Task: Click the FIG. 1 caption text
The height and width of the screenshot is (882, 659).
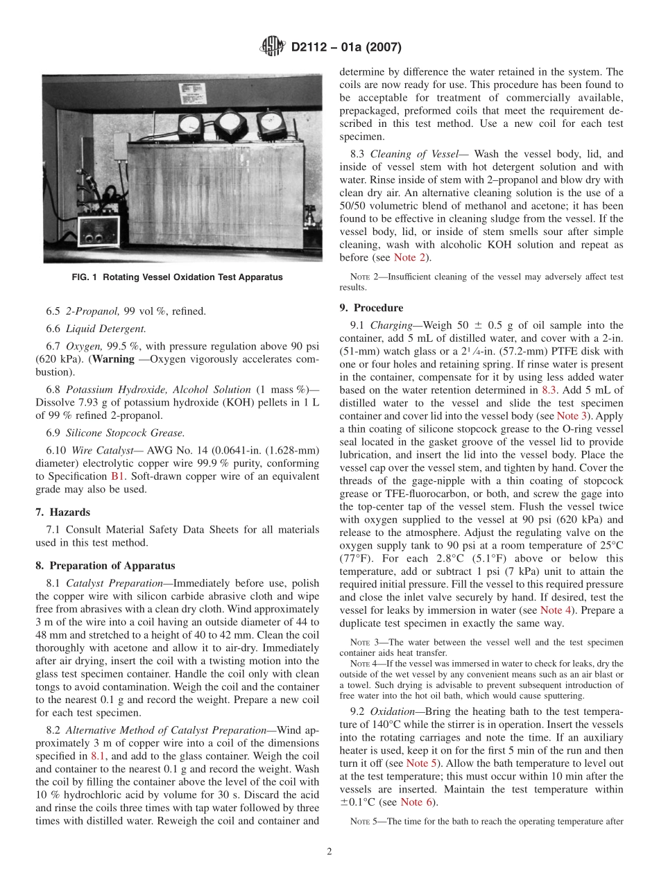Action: (177, 277)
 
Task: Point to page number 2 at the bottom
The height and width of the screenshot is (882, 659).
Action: (329, 852)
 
